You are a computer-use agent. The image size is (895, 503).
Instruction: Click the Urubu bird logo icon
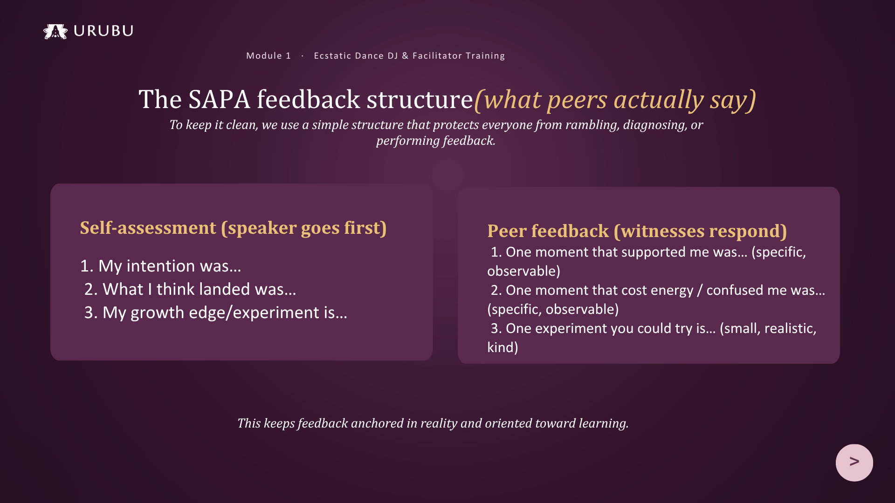(55, 31)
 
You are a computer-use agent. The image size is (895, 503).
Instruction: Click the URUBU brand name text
(103, 31)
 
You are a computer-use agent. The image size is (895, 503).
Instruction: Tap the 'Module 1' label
(268, 56)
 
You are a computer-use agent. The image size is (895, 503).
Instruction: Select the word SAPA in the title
(219, 99)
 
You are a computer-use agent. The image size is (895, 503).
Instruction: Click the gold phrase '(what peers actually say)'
(615, 100)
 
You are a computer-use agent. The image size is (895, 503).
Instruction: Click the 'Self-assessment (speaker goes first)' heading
(234, 228)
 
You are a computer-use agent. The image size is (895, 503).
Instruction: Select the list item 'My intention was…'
(161, 266)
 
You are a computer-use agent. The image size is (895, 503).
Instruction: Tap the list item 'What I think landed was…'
(190, 289)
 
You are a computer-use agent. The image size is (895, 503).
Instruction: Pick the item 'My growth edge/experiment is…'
(216, 313)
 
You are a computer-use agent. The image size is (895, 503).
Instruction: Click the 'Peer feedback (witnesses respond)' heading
(637, 231)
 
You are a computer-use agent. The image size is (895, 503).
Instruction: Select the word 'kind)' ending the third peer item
(503, 347)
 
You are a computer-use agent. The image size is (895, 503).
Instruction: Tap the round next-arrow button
(854, 462)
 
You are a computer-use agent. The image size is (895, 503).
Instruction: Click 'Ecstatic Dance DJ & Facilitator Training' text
(409, 56)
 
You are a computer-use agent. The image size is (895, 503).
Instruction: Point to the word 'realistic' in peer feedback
(790, 329)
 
